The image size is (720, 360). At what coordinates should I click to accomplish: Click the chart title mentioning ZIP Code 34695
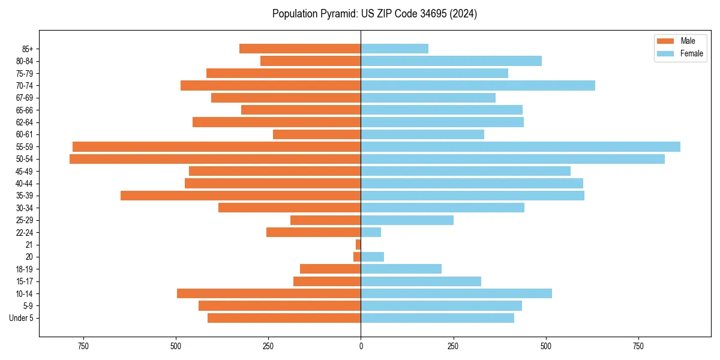coord(374,14)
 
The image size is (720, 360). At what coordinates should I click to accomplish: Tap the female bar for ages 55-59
coord(520,146)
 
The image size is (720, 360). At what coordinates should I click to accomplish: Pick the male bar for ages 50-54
coord(215,159)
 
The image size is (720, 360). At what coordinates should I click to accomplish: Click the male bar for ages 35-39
coord(241,196)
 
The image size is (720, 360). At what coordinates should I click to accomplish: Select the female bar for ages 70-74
coord(478,85)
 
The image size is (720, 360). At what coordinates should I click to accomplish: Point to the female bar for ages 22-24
coord(371,232)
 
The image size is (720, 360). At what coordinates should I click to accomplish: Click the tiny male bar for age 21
coord(358,244)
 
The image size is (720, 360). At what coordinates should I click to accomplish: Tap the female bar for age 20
coord(372,257)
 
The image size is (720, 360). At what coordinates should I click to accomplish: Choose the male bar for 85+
coord(300,49)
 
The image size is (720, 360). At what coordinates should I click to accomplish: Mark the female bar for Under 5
coord(437,318)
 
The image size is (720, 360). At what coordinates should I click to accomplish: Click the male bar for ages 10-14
coord(269,293)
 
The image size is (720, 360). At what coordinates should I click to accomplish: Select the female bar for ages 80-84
coord(451,61)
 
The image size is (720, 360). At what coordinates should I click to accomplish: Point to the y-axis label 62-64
coord(25,122)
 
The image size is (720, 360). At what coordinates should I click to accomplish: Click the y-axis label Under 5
coord(22,318)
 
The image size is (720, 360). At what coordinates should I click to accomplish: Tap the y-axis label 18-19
coord(25,269)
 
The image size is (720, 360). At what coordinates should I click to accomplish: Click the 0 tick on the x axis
coord(361,346)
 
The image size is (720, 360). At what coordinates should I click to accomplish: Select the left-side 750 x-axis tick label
coord(83,346)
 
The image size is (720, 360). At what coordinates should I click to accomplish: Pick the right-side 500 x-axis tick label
coord(545,346)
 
